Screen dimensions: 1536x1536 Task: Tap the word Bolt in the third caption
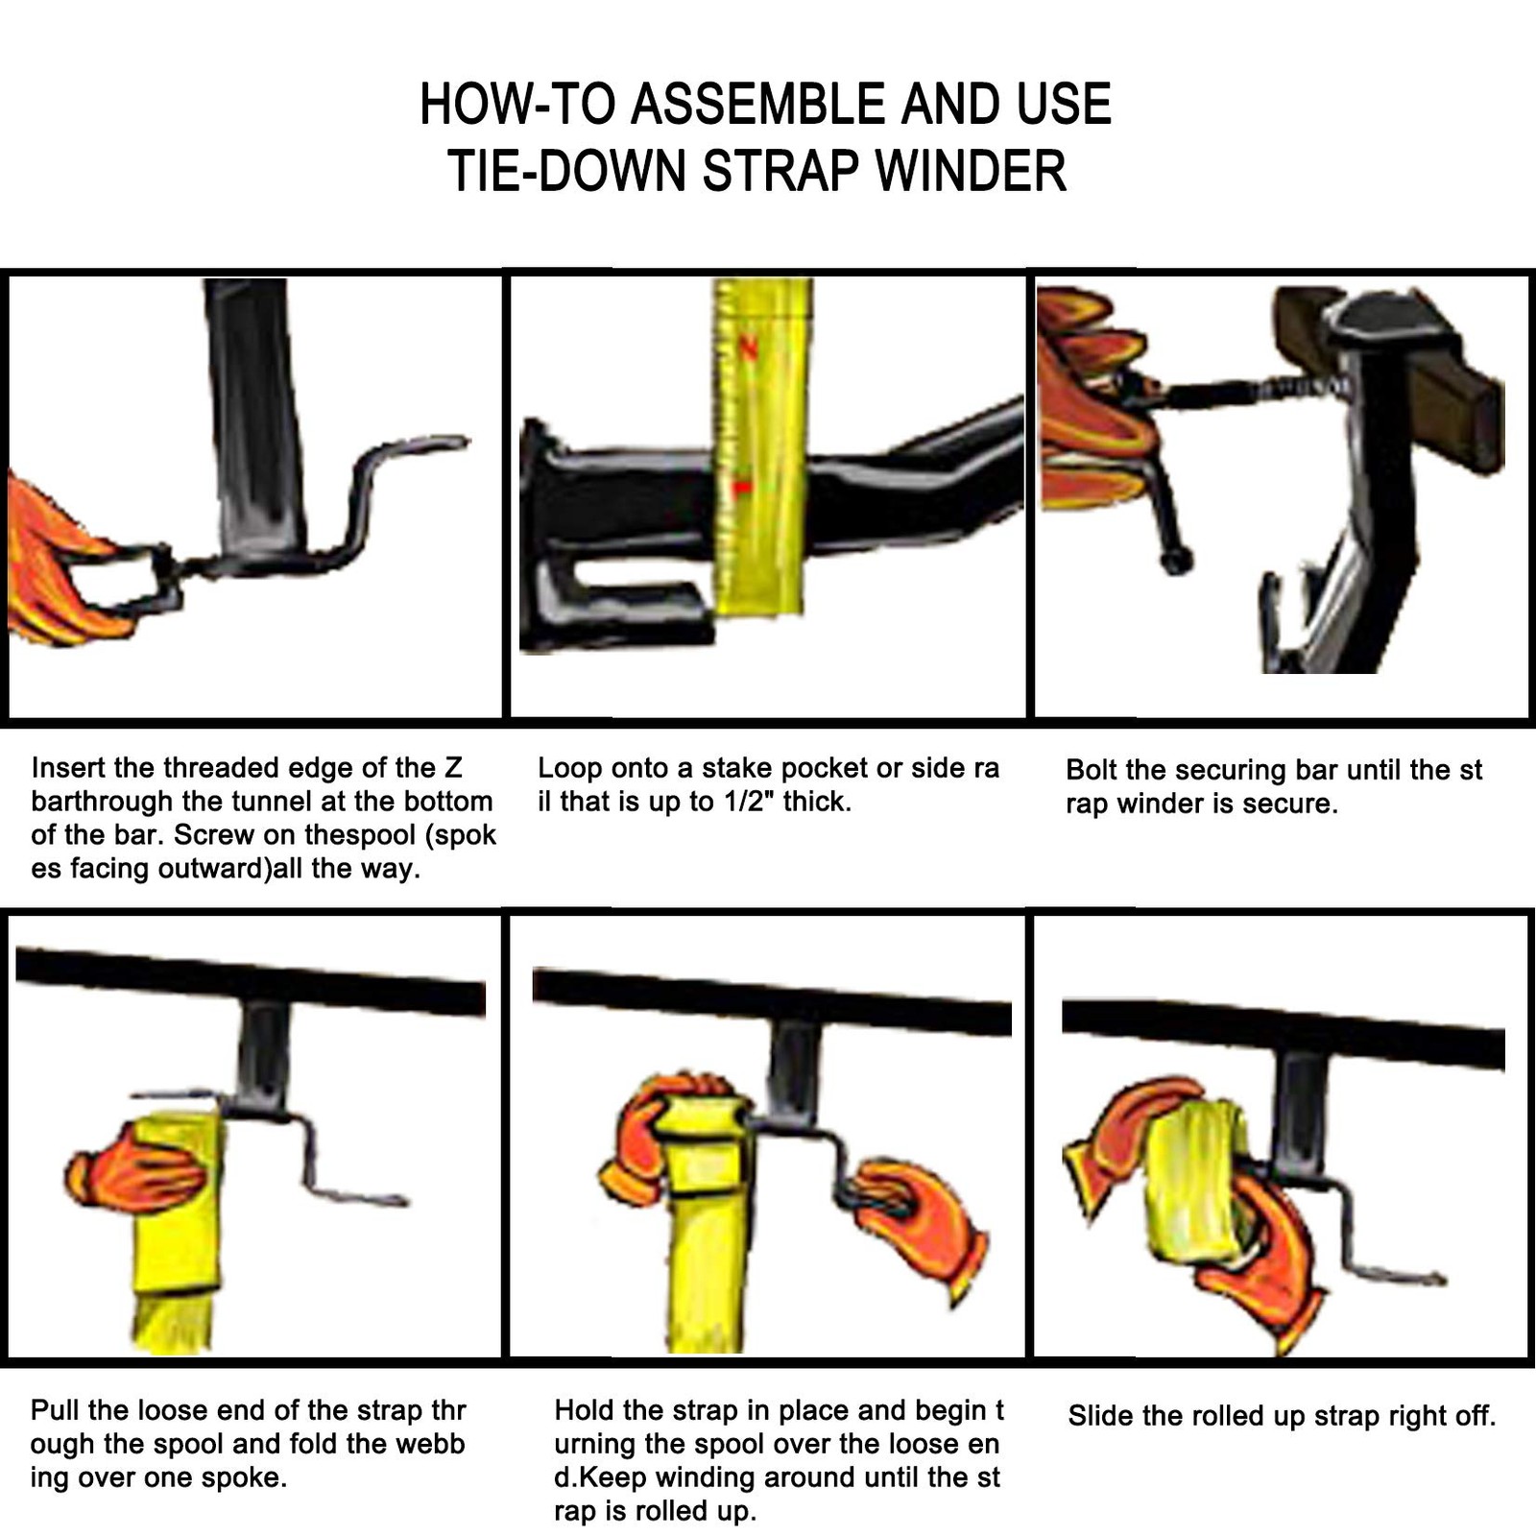(1092, 770)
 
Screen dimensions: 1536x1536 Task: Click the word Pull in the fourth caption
(55, 1410)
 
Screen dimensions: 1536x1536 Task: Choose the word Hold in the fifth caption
(584, 1410)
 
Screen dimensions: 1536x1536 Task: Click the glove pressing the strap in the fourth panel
(134, 1168)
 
